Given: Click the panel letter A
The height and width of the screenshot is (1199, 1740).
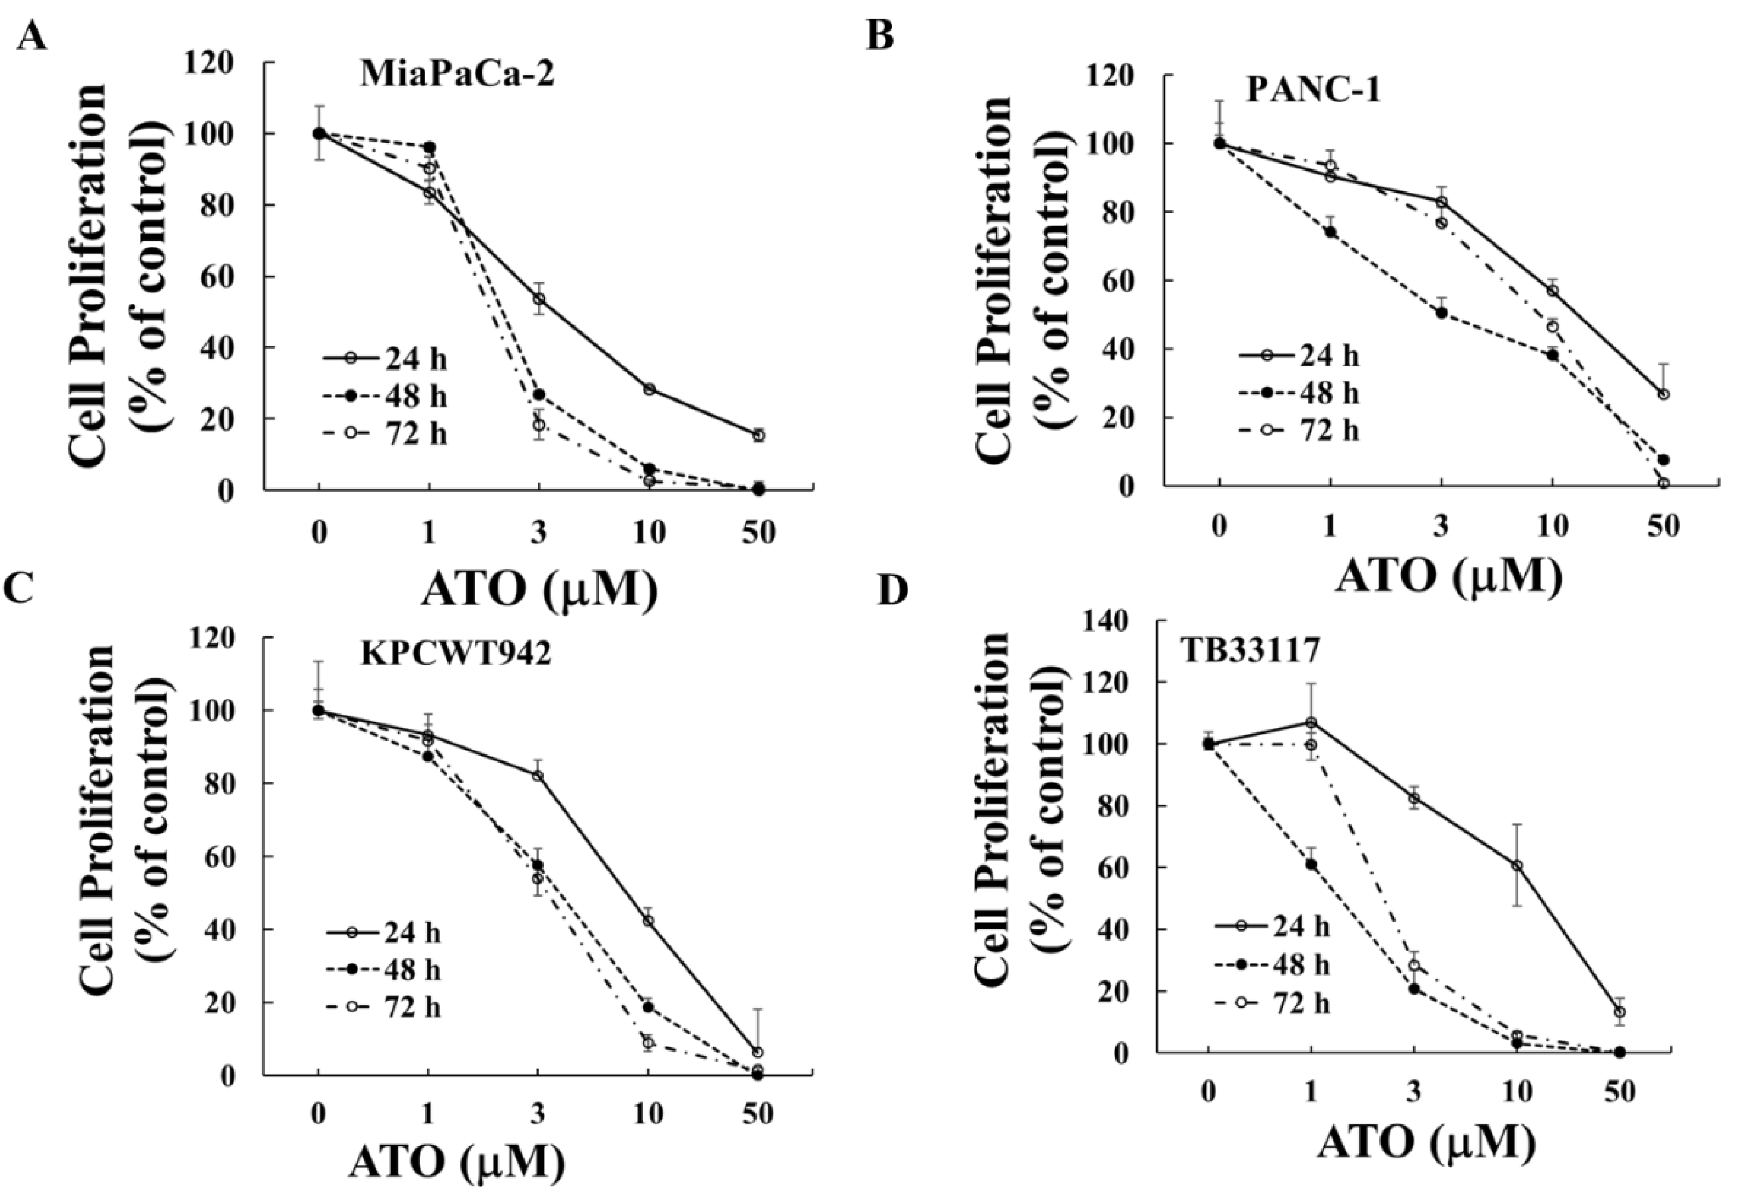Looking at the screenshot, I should [x=32, y=36].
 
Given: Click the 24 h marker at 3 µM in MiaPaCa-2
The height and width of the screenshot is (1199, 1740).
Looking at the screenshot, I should [x=538, y=299].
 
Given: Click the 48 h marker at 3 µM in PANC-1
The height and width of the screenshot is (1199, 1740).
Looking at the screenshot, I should [x=1441, y=313].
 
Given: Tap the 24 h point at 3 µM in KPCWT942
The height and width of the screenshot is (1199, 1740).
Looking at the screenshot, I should [x=538, y=775].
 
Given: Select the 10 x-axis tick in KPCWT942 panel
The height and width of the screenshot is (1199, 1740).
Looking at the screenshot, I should [x=648, y=1115].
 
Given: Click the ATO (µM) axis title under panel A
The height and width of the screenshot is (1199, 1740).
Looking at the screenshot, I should [x=539, y=590].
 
